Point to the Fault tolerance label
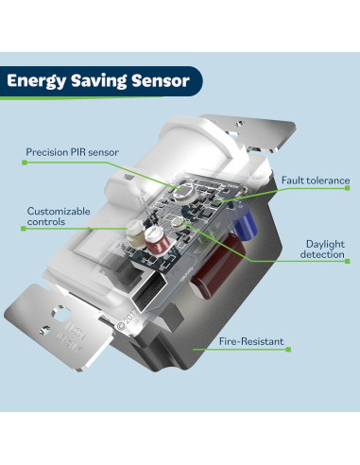click(x=315, y=180)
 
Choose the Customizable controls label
click(x=57, y=216)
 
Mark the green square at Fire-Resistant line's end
click(x=288, y=350)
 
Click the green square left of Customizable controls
click(x=22, y=228)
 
